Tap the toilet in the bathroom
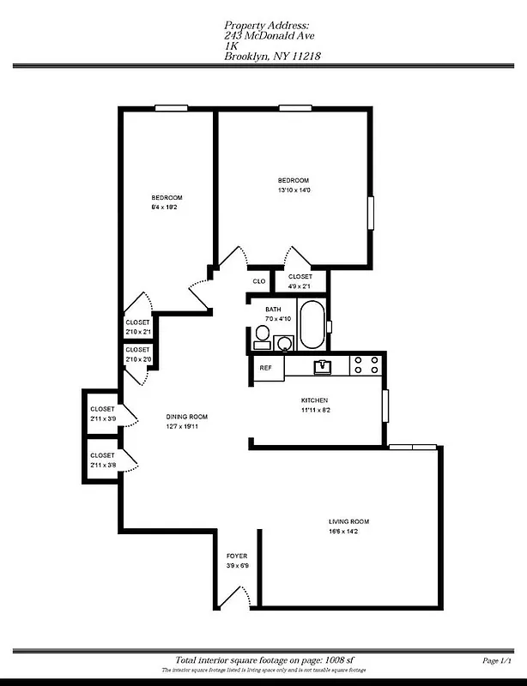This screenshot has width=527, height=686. point(263,338)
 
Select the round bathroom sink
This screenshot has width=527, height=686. point(284,342)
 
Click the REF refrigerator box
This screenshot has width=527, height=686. point(266,368)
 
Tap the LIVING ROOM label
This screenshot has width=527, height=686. point(348,522)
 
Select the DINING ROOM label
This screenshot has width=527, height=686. point(187,418)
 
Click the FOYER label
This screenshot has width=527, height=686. point(236,557)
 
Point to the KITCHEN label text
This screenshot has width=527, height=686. point(314,400)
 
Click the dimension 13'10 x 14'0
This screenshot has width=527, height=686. point(294,190)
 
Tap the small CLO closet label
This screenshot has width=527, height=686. point(258,280)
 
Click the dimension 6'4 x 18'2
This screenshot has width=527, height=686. point(166,208)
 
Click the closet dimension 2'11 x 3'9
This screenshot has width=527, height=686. point(102,419)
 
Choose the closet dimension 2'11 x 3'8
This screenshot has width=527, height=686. point(102,465)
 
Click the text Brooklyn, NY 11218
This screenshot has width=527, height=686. point(273,57)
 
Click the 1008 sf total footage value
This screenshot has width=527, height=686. point(339,660)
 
